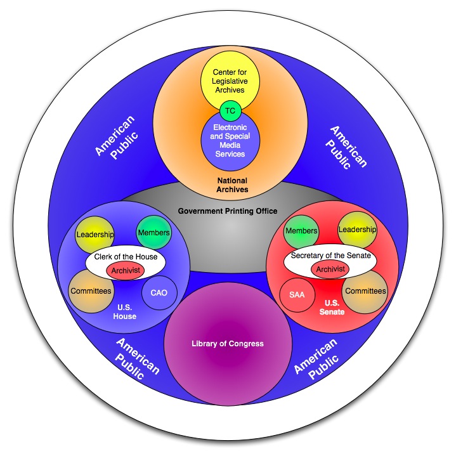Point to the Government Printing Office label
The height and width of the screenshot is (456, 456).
point(228,211)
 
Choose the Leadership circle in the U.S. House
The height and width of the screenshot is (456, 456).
point(94,234)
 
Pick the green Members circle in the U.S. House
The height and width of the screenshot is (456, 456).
point(153,232)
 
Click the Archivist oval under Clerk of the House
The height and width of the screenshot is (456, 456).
point(125,270)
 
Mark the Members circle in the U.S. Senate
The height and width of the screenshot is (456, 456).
point(301,231)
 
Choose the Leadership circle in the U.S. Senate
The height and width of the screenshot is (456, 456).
point(357,229)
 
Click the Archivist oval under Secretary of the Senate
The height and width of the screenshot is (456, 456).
point(330,269)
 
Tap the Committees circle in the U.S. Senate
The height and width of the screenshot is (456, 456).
point(365,291)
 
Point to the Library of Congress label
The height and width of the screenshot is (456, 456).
point(227,344)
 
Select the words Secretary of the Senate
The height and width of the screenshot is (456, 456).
point(329,256)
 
